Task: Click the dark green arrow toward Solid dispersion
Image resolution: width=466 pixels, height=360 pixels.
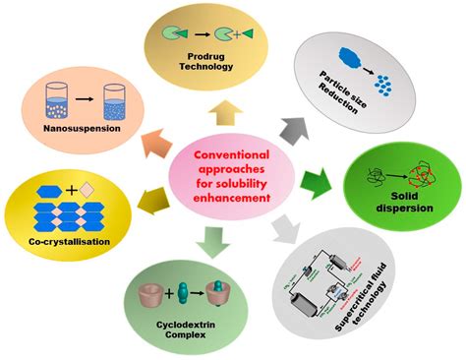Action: (311, 181)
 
